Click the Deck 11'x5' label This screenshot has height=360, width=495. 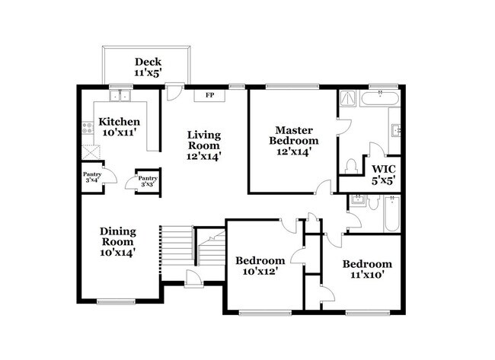tap(148, 68)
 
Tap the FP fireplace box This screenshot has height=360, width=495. tap(208, 96)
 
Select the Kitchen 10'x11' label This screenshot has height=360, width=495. tap(120, 127)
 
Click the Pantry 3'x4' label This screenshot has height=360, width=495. tap(92, 177)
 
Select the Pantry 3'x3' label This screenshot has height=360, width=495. tap(147, 181)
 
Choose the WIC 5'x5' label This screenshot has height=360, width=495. tap(383, 174)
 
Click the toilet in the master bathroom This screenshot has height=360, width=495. tap(352, 165)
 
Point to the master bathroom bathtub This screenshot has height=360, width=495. tap(378, 98)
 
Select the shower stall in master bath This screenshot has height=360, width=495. tap(348, 97)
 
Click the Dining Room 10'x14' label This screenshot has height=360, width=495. tap(119, 242)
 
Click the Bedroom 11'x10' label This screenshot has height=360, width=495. tap(366, 270)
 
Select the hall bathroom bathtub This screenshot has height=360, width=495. tap(393, 215)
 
